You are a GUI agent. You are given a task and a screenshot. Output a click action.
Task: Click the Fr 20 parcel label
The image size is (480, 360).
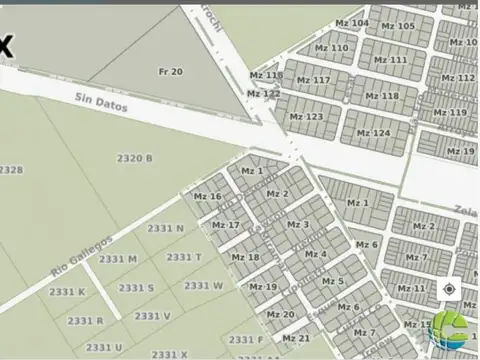pyautogui.click(x=170, y=72)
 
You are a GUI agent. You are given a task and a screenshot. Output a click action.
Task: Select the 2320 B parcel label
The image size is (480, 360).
pyautogui.click(x=134, y=158)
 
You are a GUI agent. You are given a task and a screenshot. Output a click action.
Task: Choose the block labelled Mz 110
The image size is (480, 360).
pyautogui.click(x=332, y=48)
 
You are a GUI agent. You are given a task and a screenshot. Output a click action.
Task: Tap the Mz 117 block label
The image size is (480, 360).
pyautogui.click(x=313, y=80)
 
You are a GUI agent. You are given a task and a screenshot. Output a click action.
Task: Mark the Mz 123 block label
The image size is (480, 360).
pyautogui.click(x=306, y=117)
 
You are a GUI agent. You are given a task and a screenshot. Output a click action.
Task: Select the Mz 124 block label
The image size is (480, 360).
pyautogui.click(x=374, y=133)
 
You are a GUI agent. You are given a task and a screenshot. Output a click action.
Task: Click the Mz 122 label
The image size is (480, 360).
pyautogui.click(x=264, y=93)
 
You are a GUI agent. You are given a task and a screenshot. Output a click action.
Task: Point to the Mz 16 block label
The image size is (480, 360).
pyautogui.click(x=207, y=196)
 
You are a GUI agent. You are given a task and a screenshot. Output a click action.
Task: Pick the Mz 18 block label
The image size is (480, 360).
pyautogui.click(x=245, y=257)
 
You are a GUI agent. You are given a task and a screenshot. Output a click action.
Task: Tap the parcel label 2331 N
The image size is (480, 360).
pyautogui.click(x=165, y=228)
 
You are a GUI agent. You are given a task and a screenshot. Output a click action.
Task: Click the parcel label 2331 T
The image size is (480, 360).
pyautogui.click(x=184, y=257)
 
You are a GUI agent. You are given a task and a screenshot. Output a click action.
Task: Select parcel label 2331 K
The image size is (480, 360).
pyautogui.click(x=68, y=292)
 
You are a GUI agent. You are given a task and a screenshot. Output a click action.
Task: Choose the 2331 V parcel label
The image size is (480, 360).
pyautogui.click(x=153, y=316)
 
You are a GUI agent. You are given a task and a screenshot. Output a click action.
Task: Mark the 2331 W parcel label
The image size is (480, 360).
pyautogui.click(x=203, y=285)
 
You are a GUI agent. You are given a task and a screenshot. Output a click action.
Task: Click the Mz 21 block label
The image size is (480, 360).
pyautogui.click(x=296, y=338)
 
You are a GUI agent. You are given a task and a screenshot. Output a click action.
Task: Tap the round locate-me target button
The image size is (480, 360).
pyautogui.click(x=450, y=289)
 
